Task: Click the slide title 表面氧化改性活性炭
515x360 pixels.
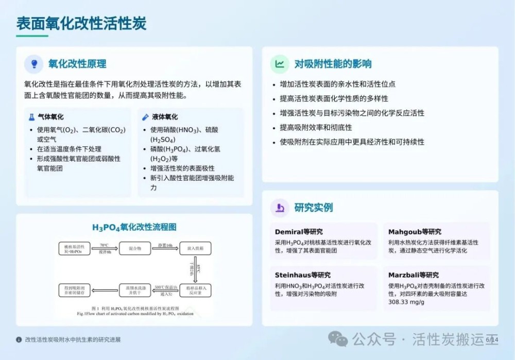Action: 81,23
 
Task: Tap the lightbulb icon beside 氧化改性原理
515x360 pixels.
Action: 34,64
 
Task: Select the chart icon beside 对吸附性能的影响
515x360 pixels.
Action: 280,64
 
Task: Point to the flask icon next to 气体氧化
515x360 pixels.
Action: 31,117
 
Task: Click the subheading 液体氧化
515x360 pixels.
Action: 165,117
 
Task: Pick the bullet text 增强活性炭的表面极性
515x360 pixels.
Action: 182,168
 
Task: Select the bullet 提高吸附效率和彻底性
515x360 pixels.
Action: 316,127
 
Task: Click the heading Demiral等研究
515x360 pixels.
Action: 299,232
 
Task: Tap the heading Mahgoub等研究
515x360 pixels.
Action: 415,232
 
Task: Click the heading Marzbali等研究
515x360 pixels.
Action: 414,275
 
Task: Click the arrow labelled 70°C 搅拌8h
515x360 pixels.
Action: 105,249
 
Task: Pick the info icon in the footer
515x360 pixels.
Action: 19,339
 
